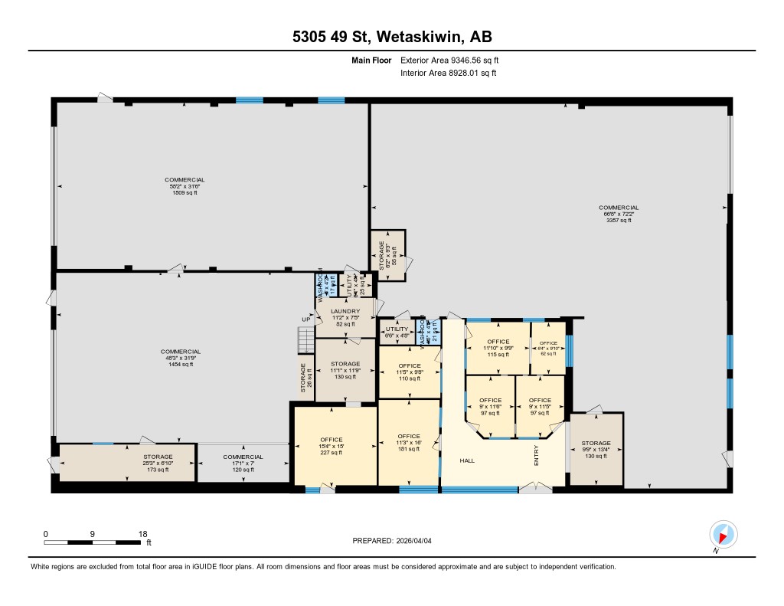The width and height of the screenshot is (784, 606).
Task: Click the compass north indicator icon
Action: pos(723,534)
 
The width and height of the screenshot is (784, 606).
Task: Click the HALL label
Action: pos(469,460)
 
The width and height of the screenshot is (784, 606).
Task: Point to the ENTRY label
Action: pos(537,457)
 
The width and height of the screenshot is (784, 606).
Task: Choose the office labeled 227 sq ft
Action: pos(331,445)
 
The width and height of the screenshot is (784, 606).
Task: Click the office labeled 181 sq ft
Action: pos(409,442)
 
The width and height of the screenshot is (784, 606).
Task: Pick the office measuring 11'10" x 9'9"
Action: pos(498,348)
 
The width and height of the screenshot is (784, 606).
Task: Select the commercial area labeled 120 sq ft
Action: pos(243,463)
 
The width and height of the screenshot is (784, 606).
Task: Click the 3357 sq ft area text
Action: pos(619,220)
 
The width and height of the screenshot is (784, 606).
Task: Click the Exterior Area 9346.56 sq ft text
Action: pos(449,60)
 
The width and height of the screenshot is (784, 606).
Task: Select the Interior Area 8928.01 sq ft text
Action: pos(448,74)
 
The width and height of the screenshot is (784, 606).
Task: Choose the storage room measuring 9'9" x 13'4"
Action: pos(596,449)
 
